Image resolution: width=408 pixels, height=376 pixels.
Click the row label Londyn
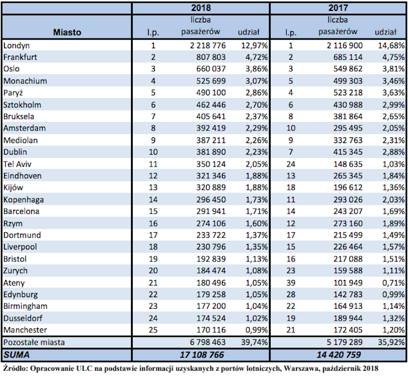(17, 46)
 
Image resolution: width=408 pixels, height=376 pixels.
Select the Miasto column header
(67, 32)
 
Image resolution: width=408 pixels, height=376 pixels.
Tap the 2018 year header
(201, 8)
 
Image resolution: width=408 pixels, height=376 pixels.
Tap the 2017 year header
(338, 8)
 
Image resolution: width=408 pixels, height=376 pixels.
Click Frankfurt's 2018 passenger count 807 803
(211, 57)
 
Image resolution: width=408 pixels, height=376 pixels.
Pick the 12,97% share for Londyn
(254, 45)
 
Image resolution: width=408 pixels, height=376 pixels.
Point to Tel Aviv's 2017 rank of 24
(291, 164)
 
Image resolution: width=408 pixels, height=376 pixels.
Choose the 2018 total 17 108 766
(202, 355)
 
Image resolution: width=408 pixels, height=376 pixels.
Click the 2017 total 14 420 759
(339, 355)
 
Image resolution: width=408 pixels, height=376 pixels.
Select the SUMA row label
(17, 355)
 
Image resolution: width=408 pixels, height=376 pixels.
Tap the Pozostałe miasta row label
(34, 342)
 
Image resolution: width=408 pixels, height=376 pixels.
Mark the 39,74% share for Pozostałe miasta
(254, 342)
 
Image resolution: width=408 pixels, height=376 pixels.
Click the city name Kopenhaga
(24, 199)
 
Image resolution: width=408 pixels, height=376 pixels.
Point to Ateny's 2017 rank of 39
(291, 283)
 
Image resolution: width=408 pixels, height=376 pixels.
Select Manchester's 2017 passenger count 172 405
(348, 330)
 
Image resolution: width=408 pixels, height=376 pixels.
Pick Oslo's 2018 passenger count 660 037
(211, 69)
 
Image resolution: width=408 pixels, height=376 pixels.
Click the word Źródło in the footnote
(15, 369)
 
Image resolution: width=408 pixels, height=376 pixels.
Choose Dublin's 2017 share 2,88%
(393, 152)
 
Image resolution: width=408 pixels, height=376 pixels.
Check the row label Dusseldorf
(23, 318)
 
